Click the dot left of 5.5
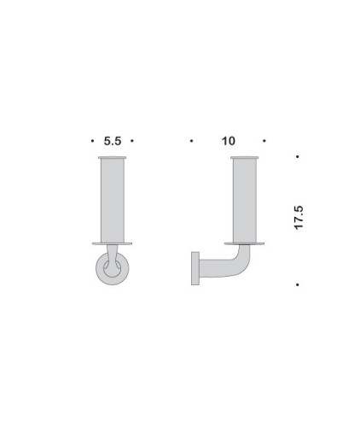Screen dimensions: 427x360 point(91,141)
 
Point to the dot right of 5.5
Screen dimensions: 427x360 point(133,141)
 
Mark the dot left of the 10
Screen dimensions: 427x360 point(192,141)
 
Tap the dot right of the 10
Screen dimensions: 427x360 point(264,141)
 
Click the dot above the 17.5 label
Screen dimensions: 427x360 point(296,157)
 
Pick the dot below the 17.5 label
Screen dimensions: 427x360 point(296,284)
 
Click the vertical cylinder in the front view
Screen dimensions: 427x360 point(113,200)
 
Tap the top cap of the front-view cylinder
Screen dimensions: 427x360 point(113,160)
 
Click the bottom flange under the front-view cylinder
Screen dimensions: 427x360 point(113,242)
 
